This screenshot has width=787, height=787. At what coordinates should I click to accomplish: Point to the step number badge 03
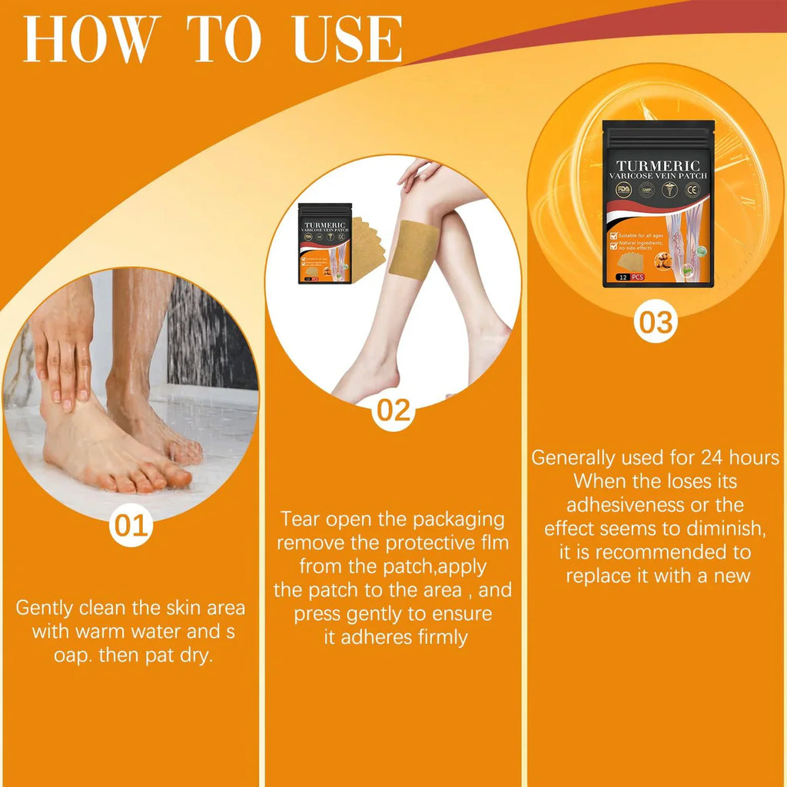click(x=656, y=322)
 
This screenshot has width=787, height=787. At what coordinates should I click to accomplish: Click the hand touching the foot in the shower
click(x=63, y=346)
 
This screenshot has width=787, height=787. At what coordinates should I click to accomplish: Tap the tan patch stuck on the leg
click(x=413, y=247)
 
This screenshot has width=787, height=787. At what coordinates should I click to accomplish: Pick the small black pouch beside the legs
click(x=324, y=243)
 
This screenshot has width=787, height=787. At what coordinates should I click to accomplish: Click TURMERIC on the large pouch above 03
click(x=658, y=166)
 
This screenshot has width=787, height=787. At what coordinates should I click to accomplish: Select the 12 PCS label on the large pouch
click(x=629, y=277)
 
